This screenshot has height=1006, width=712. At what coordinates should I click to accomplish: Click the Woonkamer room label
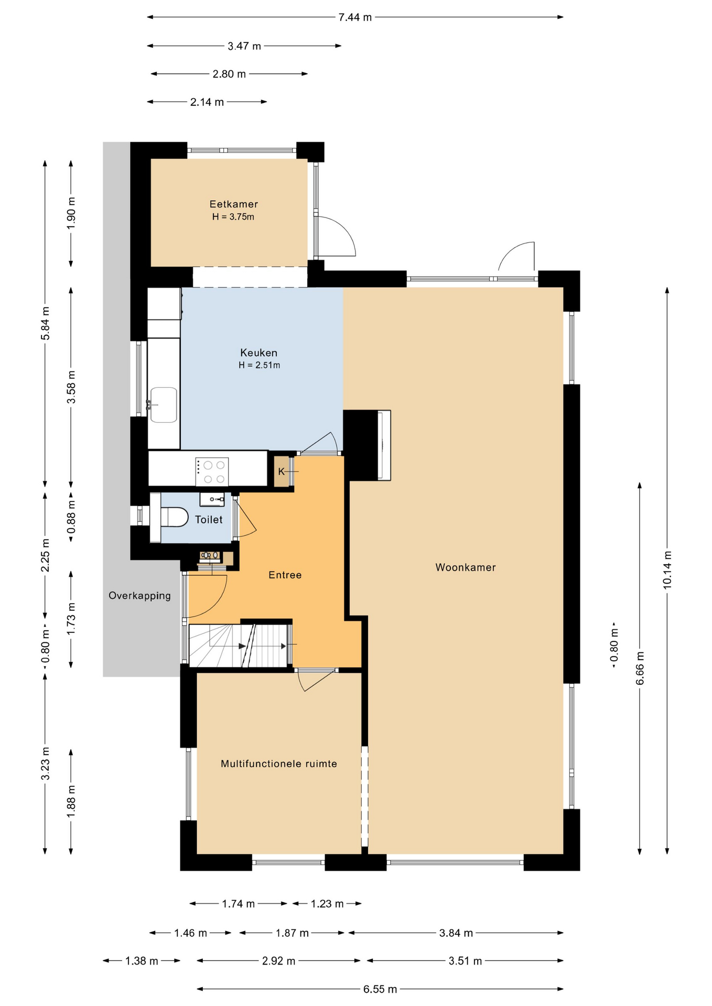pos(466,567)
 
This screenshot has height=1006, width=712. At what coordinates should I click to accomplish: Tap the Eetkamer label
pos(234,204)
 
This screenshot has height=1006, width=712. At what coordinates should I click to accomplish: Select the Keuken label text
pos(259,353)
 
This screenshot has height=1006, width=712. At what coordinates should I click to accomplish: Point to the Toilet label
pos(209,520)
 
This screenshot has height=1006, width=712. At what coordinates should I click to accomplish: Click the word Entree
pos(285,575)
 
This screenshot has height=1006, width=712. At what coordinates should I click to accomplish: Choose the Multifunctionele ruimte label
pos(279,764)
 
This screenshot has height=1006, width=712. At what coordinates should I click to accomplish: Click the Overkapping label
pos(140,596)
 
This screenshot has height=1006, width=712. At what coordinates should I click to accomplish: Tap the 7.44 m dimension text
pos(355,17)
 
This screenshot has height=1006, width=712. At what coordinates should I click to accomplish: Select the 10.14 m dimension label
pos(667,570)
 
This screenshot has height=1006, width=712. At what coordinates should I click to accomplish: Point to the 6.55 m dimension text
pos(380,989)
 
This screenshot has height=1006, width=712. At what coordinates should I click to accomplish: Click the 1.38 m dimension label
pos(142,961)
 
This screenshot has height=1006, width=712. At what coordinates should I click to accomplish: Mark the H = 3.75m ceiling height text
pos(233,217)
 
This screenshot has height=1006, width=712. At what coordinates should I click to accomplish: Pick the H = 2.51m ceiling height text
pos(260,365)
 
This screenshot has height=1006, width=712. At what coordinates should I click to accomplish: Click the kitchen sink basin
pos(164,404)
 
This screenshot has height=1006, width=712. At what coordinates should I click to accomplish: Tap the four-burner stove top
pos(212,472)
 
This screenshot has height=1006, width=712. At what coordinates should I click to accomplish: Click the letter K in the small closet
pos(281,472)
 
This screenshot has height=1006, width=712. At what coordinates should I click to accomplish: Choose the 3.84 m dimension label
pos(456,933)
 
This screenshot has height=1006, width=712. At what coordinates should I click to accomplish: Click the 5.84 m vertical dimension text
pos(46,323)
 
